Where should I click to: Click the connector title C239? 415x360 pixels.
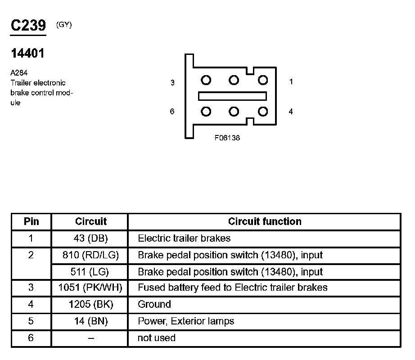coord(28,26)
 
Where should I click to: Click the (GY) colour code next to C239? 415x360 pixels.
coord(64,25)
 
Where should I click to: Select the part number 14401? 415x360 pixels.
coord(28,54)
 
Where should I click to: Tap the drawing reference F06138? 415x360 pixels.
coord(227,138)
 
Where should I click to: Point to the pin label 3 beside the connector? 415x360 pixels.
coord(172,83)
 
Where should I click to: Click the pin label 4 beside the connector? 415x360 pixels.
coord(291,111)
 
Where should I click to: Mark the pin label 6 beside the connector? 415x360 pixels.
coord(172,111)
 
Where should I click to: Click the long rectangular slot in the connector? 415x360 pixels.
coord(232,96)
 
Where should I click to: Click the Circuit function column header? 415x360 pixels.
coord(265,221)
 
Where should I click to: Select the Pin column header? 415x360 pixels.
coord(31,221)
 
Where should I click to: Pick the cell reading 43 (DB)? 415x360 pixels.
coord(90,238)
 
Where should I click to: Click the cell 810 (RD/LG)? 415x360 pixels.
coord(90,255)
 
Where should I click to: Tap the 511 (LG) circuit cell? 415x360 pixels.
coord(90,272)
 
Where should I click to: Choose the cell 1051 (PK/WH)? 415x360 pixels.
coord(90,288)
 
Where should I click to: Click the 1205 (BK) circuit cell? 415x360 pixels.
coord(90,305)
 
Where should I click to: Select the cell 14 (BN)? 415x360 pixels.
coord(90,321)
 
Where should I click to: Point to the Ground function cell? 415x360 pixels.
coord(154,305)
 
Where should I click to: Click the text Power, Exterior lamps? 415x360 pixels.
coord(186,321)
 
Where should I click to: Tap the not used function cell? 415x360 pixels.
coord(157,338)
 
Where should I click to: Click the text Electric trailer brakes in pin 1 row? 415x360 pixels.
coord(184,238)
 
